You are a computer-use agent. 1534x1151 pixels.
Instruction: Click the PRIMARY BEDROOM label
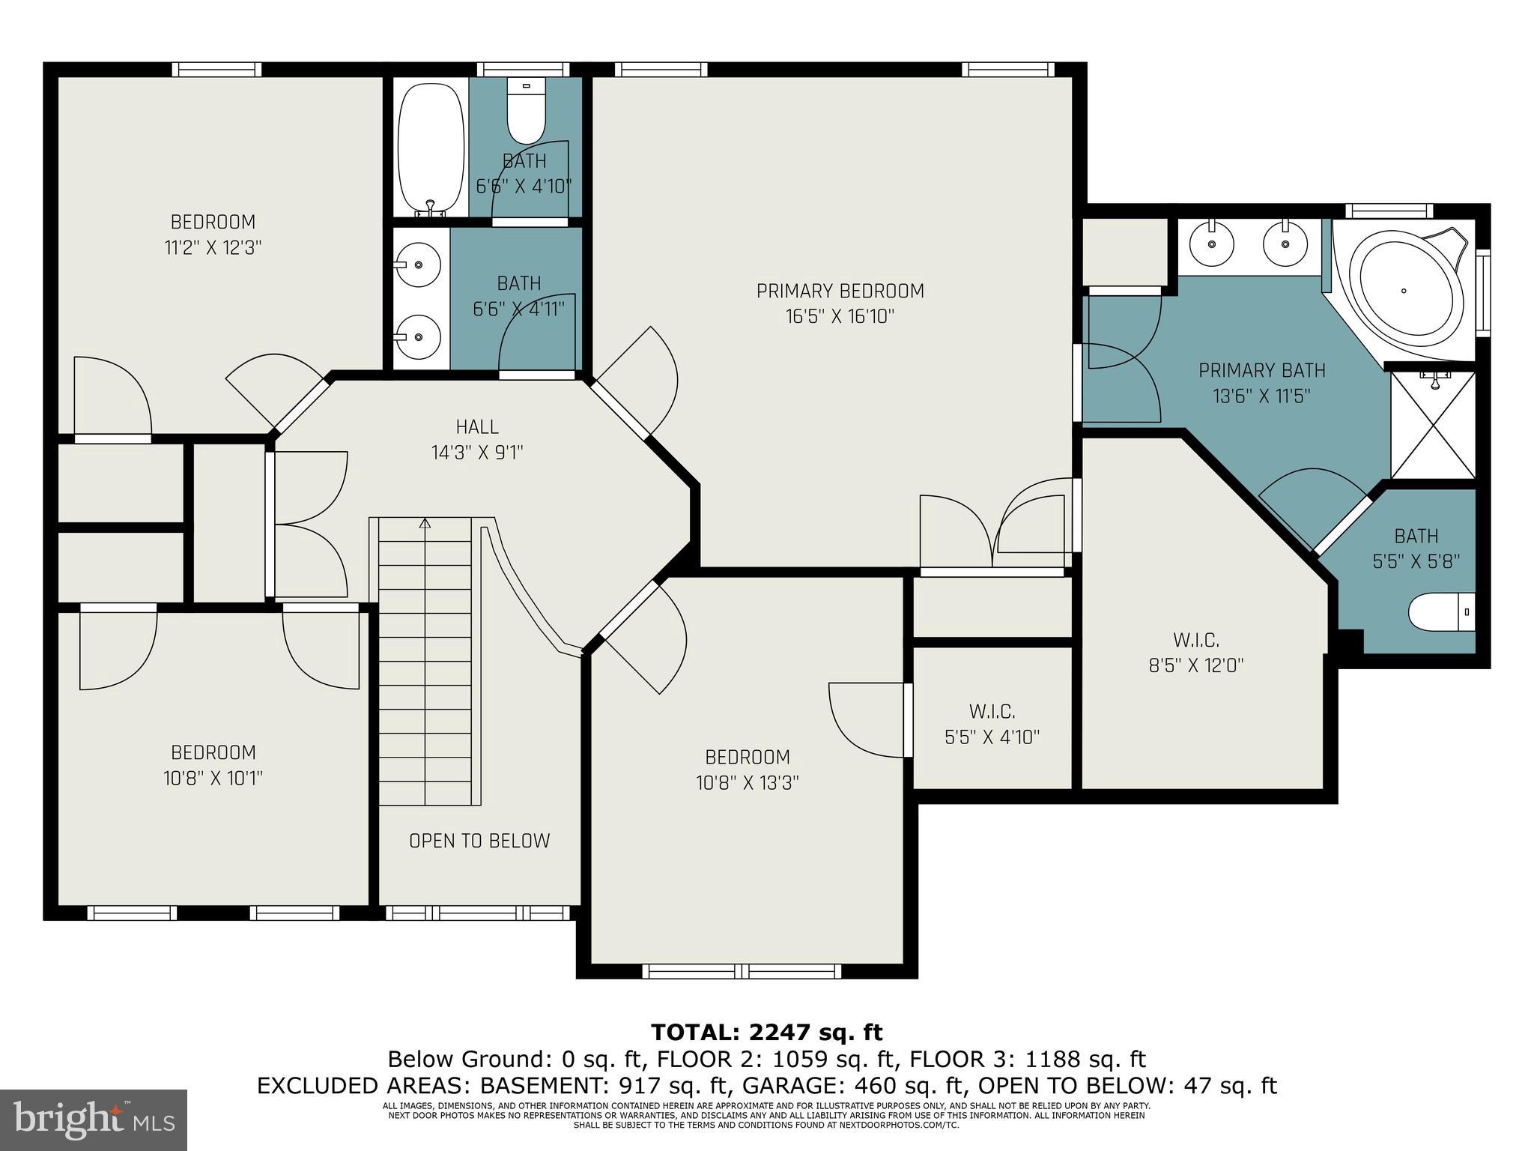(840, 291)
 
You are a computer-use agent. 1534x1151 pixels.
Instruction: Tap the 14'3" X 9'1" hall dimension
(476, 453)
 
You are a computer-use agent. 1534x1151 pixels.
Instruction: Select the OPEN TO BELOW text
(479, 841)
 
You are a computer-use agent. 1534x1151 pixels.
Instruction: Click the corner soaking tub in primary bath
(1405, 291)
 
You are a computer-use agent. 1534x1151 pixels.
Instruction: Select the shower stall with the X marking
(1433, 424)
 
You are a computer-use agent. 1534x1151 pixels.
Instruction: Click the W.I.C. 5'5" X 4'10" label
(992, 724)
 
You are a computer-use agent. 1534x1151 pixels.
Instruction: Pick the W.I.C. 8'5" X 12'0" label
(1196, 653)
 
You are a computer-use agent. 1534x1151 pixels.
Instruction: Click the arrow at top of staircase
(425, 524)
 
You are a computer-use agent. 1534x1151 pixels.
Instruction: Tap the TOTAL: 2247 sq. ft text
(767, 1032)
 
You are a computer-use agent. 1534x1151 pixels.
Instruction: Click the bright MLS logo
(94, 1120)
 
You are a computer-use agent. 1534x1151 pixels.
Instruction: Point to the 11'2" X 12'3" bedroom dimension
(213, 248)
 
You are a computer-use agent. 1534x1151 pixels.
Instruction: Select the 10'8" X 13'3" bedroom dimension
(747, 783)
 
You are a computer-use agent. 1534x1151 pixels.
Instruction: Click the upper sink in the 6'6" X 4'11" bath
(417, 264)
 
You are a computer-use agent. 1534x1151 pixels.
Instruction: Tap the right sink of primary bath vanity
(1285, 244)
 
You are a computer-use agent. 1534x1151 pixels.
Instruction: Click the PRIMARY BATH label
(1261, 370)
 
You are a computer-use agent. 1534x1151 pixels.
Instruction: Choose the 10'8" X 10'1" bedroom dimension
(213, 779)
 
